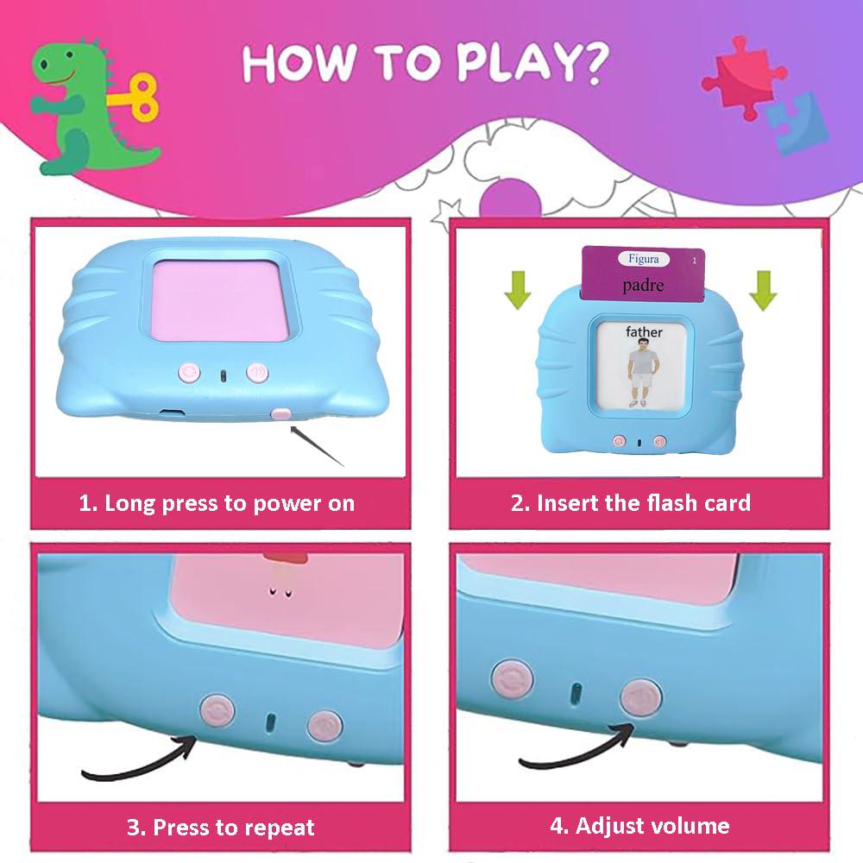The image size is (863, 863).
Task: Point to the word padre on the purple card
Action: click(643, 284)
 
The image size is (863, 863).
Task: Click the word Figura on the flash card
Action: click(643, 258)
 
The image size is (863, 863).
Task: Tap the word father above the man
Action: click(644, 332)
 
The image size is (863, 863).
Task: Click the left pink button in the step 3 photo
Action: click(216, 710)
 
